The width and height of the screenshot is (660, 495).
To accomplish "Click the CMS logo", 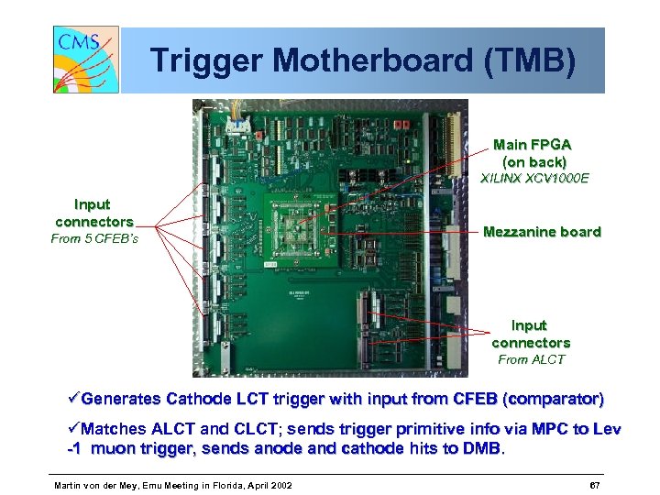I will click(86, 60).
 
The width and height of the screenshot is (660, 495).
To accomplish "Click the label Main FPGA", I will click(532, 145).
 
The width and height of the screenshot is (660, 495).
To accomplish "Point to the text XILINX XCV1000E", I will click(534, 179).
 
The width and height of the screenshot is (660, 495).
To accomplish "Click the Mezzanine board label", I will click(542, 232).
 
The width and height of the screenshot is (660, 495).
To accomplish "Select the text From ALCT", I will click(531, 359).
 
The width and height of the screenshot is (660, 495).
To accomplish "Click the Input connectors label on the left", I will click(93, 213).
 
